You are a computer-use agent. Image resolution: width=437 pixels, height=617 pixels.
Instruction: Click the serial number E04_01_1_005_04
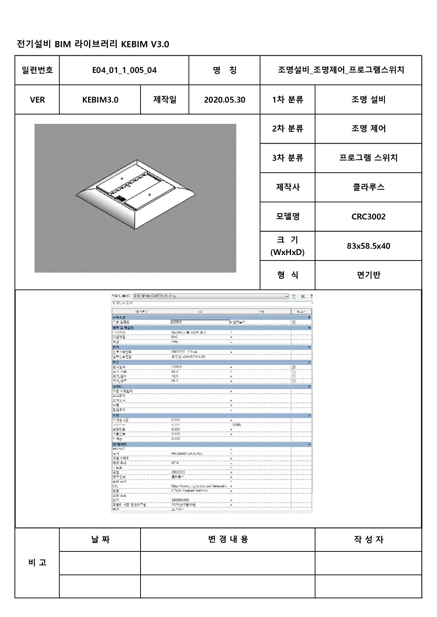tap(124, 70)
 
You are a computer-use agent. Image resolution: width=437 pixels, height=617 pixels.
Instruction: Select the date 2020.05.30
tap(225, 100)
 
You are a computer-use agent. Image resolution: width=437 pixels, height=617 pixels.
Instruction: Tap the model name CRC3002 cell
tap(368, 217)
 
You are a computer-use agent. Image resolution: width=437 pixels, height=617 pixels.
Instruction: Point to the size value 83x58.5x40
tap(368, 246)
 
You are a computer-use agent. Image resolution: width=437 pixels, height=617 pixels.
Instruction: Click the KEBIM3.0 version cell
tap(100, 100)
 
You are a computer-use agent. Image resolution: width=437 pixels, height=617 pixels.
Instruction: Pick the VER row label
tap(37, 100)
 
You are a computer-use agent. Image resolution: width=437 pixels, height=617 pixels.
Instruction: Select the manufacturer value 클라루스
tap(368, 187)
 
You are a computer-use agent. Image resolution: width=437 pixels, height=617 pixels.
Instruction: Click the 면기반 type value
tap(368, 275)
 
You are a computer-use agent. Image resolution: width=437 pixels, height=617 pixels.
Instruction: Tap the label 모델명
tap(288, 217)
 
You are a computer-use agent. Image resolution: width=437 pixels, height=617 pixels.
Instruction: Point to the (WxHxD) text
tap(287, 252)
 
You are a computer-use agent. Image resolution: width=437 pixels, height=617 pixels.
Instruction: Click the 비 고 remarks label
tap(37, 562)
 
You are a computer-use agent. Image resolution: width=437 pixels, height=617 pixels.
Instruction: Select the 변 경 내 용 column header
tap(228, 539)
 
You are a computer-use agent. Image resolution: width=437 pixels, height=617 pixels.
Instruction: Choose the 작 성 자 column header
tap(368, 539)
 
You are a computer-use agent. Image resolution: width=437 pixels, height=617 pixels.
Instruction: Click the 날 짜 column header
tap(100, 539)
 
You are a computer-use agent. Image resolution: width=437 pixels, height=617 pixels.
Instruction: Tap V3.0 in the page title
tap(160, 44)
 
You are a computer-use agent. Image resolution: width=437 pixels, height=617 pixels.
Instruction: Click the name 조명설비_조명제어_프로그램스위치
tap(341, 70)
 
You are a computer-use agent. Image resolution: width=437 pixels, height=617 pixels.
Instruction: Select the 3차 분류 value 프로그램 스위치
tap(368, 158)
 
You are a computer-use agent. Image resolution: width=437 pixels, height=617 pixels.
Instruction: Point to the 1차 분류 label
tap(288, 100)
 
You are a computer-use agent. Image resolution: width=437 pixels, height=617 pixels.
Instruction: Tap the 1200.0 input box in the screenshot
tap(200, 322)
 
